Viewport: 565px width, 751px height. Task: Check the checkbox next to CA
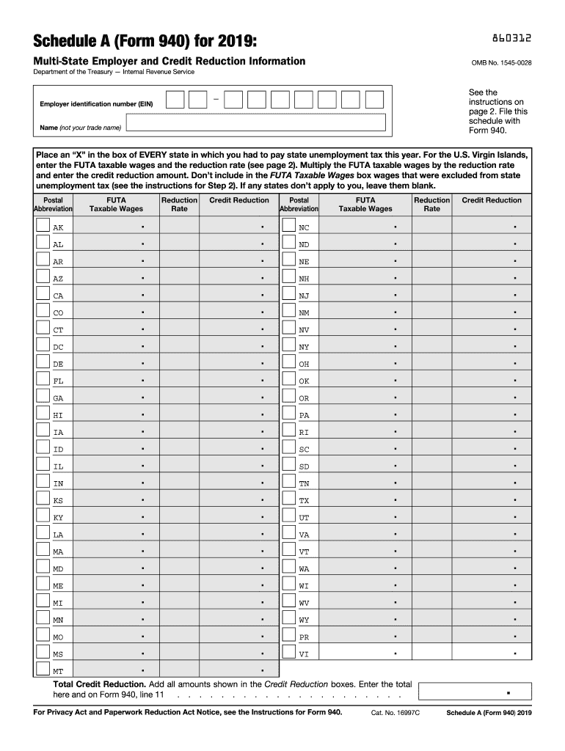tap(43, 295)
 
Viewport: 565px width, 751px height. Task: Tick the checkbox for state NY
tap(288, 346)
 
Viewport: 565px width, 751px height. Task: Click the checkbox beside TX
tap(288, 499)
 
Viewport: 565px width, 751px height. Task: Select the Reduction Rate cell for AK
tap(179, 227)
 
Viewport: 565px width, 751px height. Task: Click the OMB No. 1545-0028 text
tap(501, 62)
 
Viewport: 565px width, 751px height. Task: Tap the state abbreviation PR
tap(304, 637)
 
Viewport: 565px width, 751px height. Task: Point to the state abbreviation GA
tap(58, 398)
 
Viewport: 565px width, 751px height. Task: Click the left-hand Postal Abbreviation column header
tap(53, 205)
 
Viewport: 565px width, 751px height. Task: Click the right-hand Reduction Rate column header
tap(431, 205)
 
